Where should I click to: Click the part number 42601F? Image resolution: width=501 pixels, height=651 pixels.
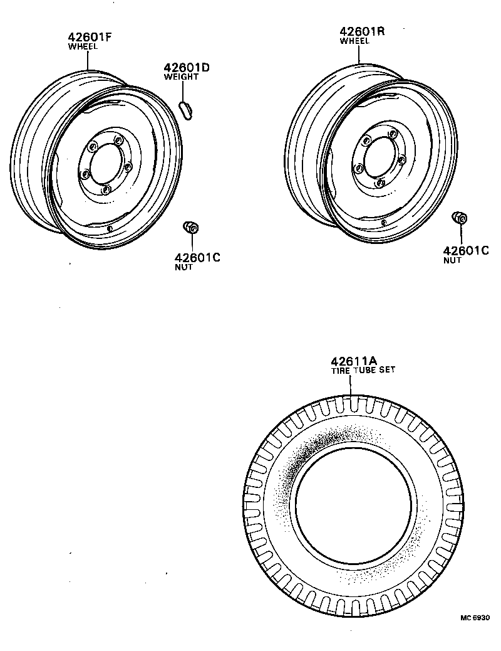click(89, 37)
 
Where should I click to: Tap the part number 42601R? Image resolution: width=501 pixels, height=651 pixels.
click(363, 31)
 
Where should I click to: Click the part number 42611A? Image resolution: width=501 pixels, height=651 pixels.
click(353, 361)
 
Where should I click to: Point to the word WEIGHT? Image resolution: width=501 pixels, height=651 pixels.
click(181, 77)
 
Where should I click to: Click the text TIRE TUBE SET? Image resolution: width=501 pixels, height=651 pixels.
click(363, 370)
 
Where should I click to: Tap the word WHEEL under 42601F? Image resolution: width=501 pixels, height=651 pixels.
click(83, 46)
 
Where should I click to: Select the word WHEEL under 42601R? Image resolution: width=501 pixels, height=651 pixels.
click(354, 41)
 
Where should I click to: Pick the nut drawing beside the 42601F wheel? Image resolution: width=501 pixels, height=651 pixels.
click(191, 227)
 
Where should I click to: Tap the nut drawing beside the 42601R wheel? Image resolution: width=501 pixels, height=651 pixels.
click(460, 219)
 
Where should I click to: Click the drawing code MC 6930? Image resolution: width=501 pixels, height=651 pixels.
click(475, 618)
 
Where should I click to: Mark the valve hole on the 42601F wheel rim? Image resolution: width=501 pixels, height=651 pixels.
click(110, 228)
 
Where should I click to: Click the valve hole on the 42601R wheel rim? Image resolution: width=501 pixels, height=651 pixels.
click(383, 221)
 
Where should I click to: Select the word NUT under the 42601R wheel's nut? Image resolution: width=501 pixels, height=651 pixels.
click(452, 260)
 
